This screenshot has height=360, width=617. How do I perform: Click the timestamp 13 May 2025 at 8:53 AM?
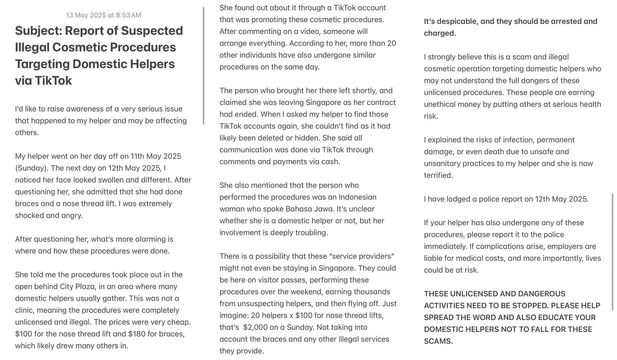[103, 15]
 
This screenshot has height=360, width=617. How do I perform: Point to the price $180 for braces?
[136, 334]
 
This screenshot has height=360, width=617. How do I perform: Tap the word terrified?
[438, 175]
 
